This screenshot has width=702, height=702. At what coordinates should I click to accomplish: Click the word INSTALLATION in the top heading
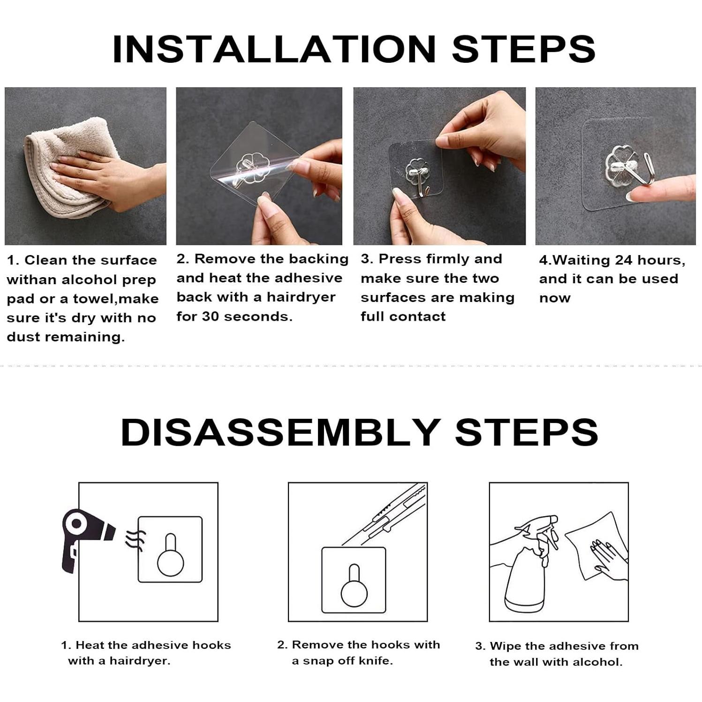coord(274,49)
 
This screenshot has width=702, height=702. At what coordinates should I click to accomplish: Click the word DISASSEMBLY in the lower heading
coord(280,432)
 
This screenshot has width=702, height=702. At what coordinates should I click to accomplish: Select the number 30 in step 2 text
coord(210,317)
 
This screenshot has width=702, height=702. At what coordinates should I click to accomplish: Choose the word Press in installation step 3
coord(398,259)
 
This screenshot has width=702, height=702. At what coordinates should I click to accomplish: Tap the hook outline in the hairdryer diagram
coord(170,555)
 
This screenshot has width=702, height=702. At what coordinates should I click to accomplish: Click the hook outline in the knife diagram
coord(354,586)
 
